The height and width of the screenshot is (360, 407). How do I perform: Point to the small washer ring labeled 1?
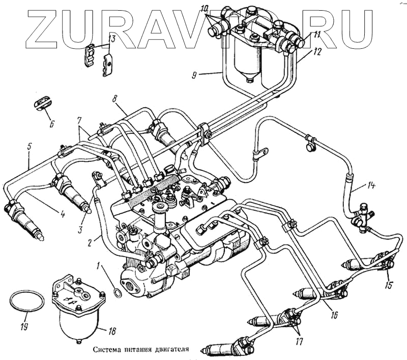pyautogui.click(x=117, y=293)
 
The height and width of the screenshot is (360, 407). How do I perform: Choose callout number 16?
pyautogui.click(x=333, y=315)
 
